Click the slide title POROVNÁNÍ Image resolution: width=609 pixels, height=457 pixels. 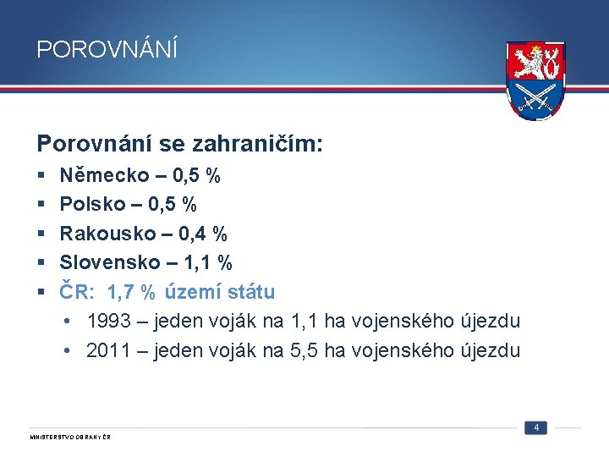click(107, 50)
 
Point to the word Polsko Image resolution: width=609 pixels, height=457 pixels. click(91, 205)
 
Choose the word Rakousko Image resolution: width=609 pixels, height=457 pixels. click(107, 234)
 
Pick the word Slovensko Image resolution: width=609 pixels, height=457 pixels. click(108, 262)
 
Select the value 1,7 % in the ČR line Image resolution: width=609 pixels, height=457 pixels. click(131, 293)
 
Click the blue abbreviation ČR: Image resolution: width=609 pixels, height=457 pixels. click(78, 292)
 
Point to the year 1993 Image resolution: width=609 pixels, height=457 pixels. click(108, 322)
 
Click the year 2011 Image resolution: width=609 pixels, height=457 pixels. click(108, 350)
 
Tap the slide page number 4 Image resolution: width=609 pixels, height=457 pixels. click(536, 427)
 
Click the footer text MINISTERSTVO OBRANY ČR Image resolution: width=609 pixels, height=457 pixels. click(70, 437)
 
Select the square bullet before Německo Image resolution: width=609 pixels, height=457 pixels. click(41, 177)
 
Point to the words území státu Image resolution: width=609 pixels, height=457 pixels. click(220, 292)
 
